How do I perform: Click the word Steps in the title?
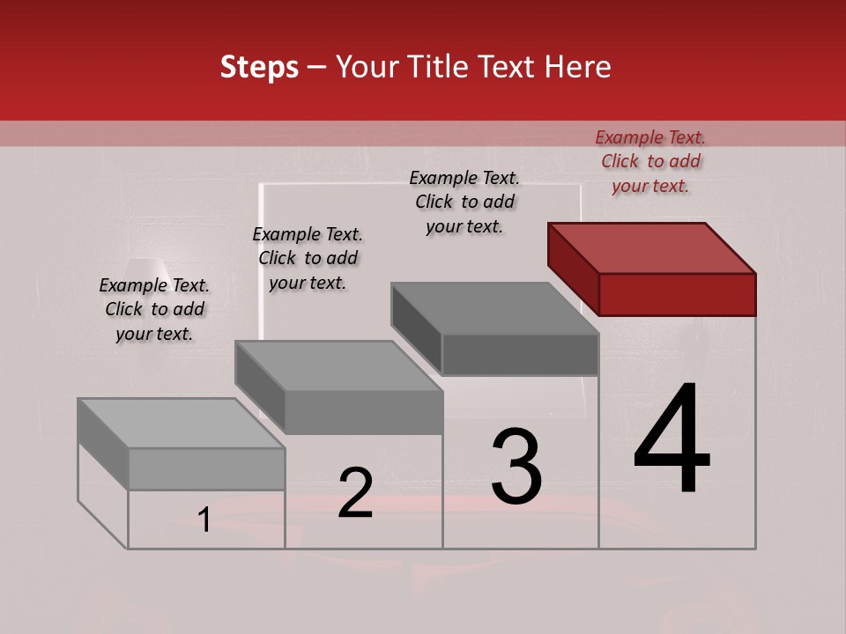259,67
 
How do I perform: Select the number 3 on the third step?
516,467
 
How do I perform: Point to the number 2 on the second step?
355,493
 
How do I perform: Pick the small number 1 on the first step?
204,520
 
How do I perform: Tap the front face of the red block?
677,294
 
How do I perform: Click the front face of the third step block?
520,354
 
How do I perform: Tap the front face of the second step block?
363,412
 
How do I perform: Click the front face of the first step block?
206,469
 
